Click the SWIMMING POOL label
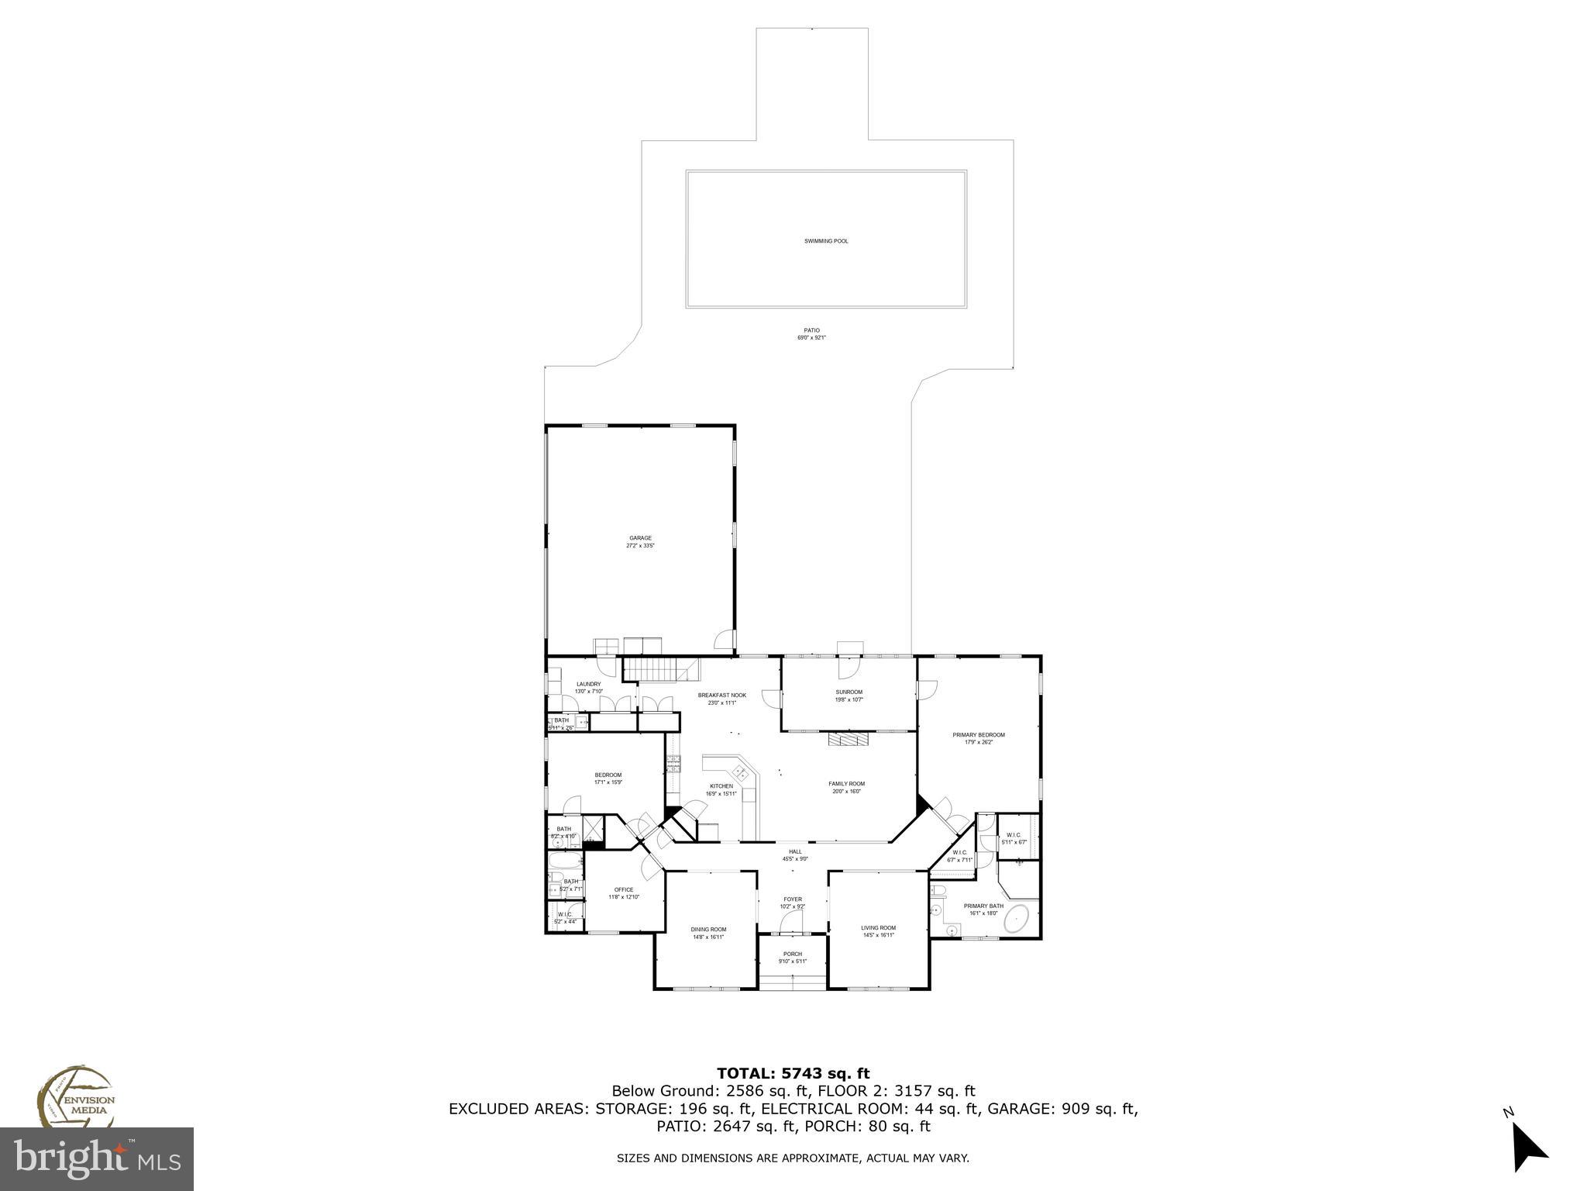pos(826,241)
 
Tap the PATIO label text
pos(811,330)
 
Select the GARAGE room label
pos(640,538)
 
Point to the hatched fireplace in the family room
pos(849,739)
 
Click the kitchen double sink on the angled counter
pos(741,772)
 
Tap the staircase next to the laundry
pos(650,668)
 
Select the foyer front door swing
pos(791,921)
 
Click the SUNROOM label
pos(849,692)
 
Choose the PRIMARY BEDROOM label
pos(979,734)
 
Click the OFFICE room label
pos(624,889)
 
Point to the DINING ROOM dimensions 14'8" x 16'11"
pos(708,937)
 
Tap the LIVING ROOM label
pos(878,928)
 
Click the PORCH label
pos(793,954)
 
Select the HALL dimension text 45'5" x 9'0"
pos(795,859)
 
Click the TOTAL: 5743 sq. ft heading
pos(793,1074)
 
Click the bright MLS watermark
pos(97,1159)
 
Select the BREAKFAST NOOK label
pos(721,696)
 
